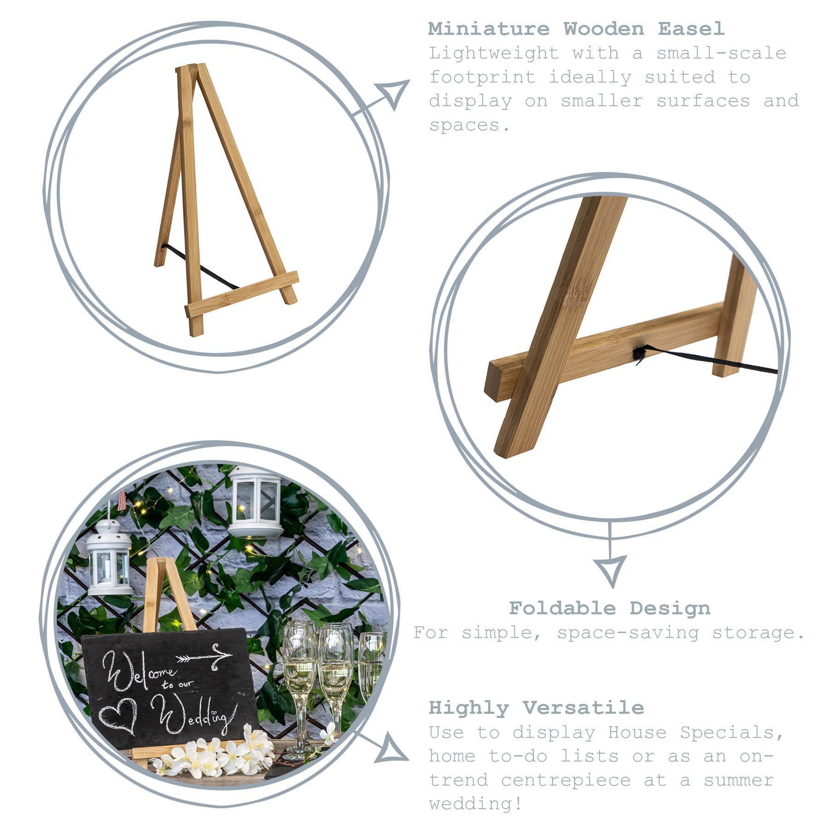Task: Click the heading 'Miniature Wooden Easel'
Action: (x=576, y=29)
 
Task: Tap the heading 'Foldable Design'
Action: (x=609, y=608)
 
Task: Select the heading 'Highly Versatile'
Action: (x=536, y=707)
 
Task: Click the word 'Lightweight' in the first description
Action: (x=494, y=53)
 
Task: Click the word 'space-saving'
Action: (x=628, y=632)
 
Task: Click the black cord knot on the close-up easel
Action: (x=639, y=354)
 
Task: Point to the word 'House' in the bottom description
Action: (x=637, y=732)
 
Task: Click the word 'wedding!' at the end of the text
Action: (x=476, y=804)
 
